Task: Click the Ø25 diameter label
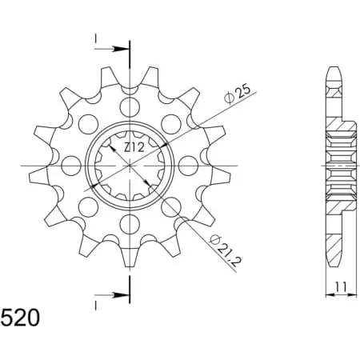238,94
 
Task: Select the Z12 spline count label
134,147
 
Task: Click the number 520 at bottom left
20,318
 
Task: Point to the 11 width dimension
341,287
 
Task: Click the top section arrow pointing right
112,49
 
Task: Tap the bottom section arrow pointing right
112,295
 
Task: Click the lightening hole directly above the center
130,107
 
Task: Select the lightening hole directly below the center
130,224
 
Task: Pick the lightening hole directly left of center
71,166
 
